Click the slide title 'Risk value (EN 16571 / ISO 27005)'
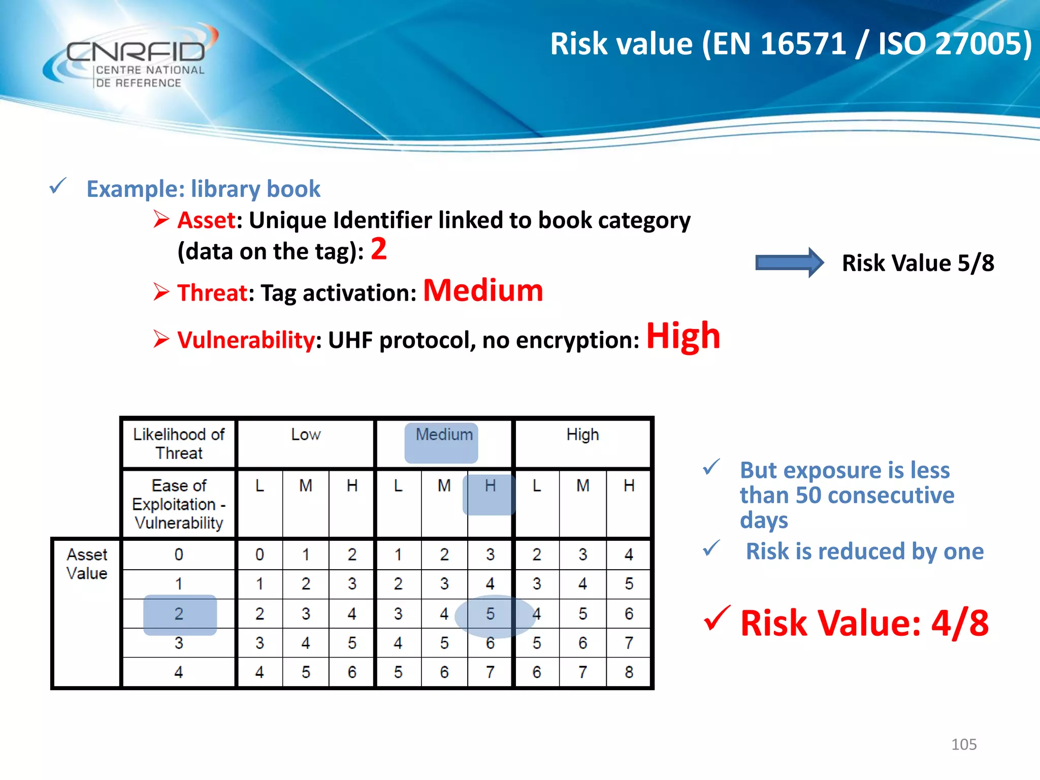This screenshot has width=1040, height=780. pyautogui.click(x=790, y=44)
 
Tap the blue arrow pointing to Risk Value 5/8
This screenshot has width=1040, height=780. pyautogui.click(x=789, y=263)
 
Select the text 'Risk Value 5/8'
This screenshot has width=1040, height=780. pyautogui.click(x=918, y=263)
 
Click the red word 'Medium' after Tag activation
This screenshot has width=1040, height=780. pyautogui.click(x=483, y=290)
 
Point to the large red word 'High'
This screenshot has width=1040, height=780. pyautogui.click(x=683, y=336)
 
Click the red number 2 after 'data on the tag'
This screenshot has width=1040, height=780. pyautogui.click(x=378, y=249)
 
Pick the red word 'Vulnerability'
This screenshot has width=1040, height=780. pyautogui.click(x=246, y=340)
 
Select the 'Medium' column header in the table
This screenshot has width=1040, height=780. pyautogui.click(x=443, y=435)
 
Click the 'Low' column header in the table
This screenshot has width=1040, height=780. pyautogui.click(x=306, y=435)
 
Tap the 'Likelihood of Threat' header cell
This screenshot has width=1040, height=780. pyautogui.click(x=179, y=443)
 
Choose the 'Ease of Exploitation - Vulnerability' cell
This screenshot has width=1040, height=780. pyautogui.click(x=179, y=504)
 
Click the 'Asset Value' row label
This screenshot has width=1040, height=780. pyautogui.click(x=87, y=564)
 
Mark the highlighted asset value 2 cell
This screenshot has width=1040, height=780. pyautogui.click(x=179, y=614)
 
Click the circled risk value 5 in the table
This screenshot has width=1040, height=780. pyautogui.click(x=490, y=614)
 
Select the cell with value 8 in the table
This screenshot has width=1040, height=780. pyautogui.click(x=629, y=672)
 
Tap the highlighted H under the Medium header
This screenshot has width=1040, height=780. pyautogui.click(x=490, y=486)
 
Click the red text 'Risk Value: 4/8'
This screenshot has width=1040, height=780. pyautogui.click(x=864, y=623)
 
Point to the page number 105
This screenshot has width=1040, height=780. pyautogui.click(x=963, y=744)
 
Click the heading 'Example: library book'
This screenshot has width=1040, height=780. pyautogui.click(x=203, y=189)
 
